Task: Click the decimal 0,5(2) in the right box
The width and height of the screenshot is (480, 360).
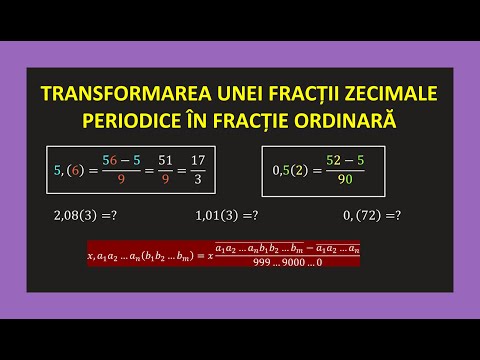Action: [291, 170]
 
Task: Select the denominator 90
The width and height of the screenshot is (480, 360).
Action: [346, 180]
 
